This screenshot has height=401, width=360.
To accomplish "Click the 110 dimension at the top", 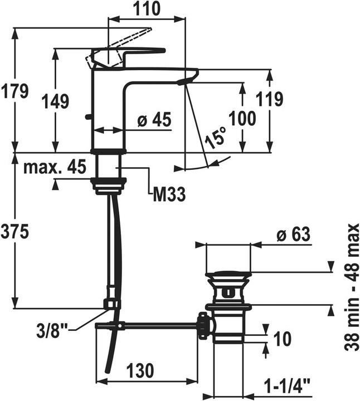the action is tap(147, 9).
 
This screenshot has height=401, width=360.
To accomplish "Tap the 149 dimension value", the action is tap(55, 101).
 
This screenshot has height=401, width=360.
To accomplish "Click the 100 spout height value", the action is tap(242, 118).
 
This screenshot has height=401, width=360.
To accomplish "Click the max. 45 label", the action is tap(55, 168).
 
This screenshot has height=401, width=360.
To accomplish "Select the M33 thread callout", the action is tap(169, 194).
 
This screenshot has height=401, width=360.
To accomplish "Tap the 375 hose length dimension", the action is tap(14, 232).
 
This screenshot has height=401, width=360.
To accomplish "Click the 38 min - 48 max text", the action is tap(352, 287).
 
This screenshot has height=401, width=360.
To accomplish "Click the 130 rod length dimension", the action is tap(140, 370).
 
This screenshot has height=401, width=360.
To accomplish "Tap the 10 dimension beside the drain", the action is tap(282, 339).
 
